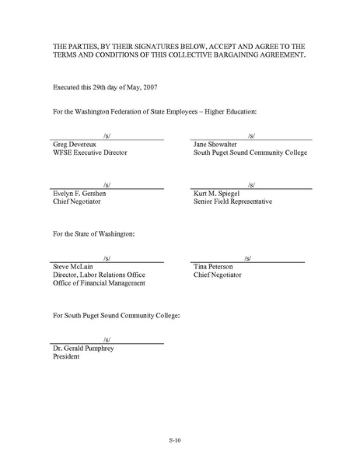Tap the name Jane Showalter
coord(218,145)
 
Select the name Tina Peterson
coord(218,266)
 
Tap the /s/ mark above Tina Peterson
coord(246,258)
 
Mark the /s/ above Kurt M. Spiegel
coord(250,184)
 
